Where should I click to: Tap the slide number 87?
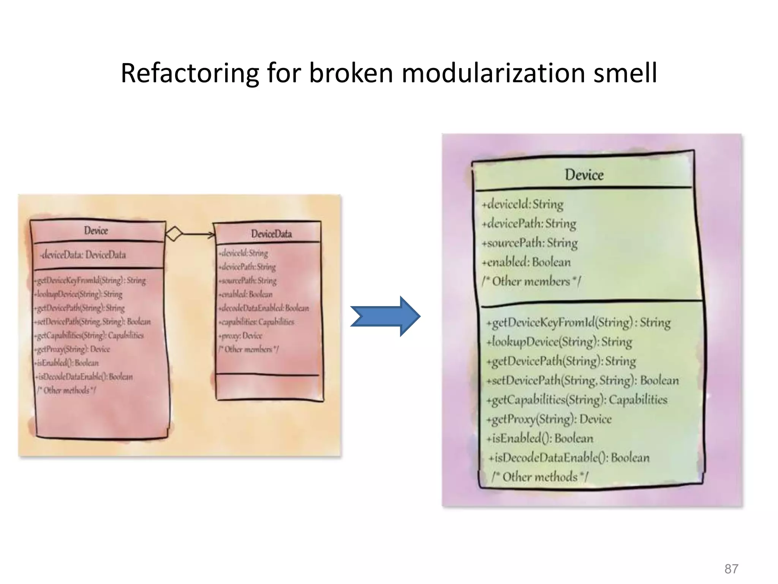[731, 569]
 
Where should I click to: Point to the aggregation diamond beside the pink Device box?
[174, 233]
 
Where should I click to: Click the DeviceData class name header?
[271, 234]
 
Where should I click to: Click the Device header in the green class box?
[584, 175]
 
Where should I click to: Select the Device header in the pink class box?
[96, 231]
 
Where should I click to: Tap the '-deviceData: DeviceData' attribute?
[84, 255]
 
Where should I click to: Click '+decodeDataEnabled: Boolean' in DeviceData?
[264, 308]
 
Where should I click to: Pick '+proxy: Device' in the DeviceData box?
[240, 336]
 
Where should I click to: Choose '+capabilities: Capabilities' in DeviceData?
[256, 322]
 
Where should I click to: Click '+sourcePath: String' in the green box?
[530, 243]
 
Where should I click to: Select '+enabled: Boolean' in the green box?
[526, 262]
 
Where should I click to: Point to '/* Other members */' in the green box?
[531, 281]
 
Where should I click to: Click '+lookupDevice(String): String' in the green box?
[559, 341]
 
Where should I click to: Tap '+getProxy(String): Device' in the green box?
[549, 419]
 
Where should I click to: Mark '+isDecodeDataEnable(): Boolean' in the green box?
[569, 457]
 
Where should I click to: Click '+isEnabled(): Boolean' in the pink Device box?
[67, 363]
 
